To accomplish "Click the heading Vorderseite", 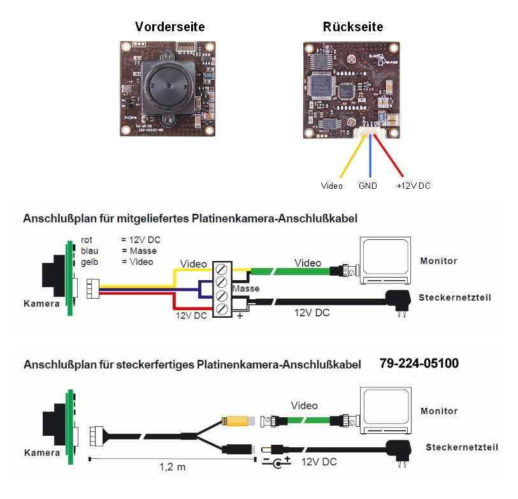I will click(169, 27).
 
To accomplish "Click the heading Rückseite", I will click(353, 27).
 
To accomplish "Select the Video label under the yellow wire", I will click(331, 186).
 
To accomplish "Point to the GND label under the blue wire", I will click(368, 186).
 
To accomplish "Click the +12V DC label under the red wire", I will click(413, 186).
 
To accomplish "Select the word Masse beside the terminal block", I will click(245, 289).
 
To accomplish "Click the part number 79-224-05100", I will click(419, 364).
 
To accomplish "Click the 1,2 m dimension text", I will click(172, 467).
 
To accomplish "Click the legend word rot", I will click(87, 239).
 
